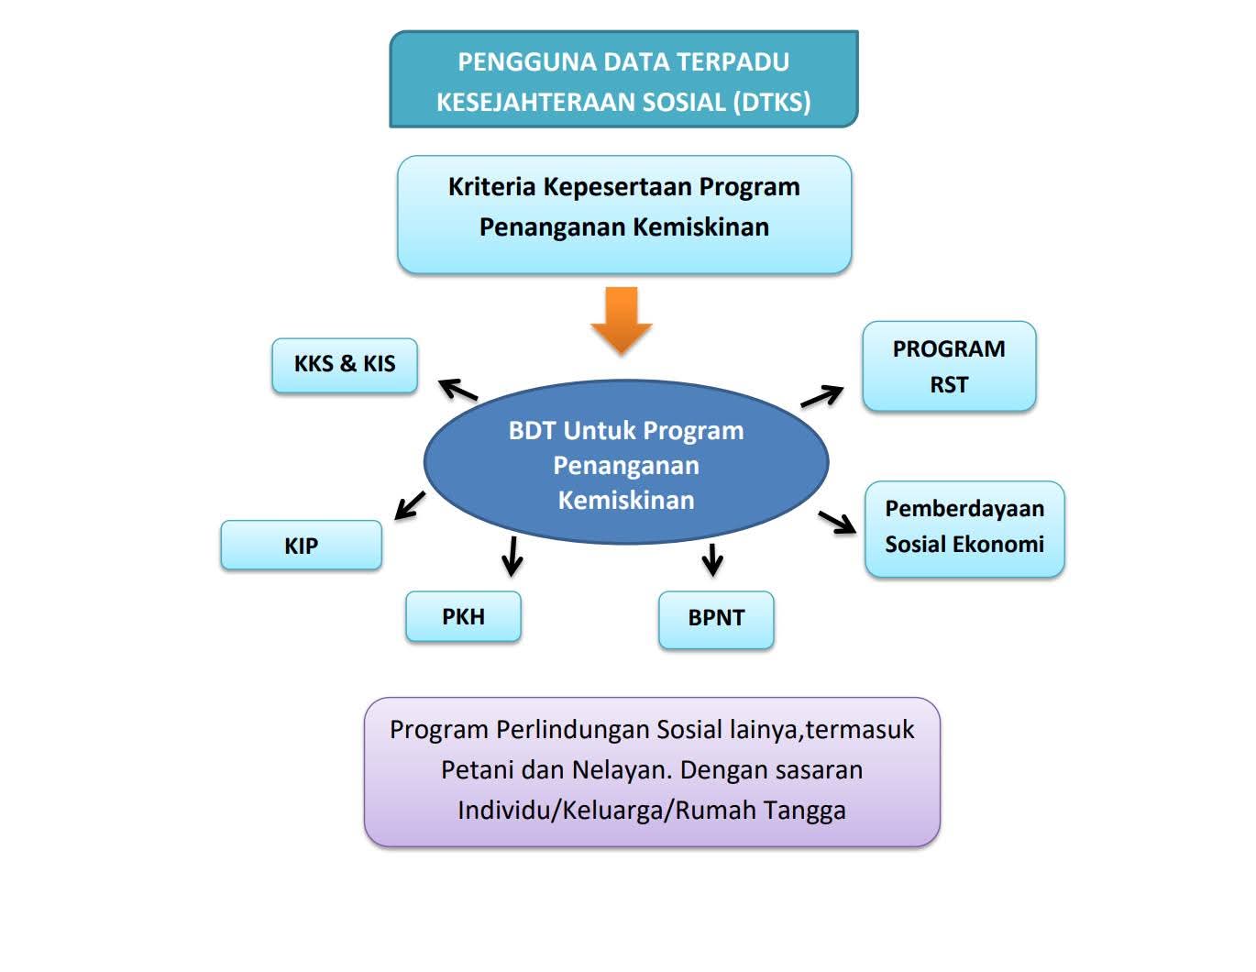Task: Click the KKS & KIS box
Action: coord(345,364)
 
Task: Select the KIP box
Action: coord(301,546)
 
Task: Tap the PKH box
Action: coord(463,616)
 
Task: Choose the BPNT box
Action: coord(716,618)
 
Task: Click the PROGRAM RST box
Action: coord(949,366)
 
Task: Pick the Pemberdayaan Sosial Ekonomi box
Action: coord(964,526)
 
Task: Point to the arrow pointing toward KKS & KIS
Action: coord(457,390)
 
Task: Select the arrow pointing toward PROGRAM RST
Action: coord(821,396)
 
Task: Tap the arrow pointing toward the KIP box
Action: coord(410,504)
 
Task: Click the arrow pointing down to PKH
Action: coord(512,555)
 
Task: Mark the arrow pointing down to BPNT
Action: coord(712,558)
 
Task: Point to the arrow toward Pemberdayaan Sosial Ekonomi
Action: coord(837,522)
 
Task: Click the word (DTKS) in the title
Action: coord(772,102)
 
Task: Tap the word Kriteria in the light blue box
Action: coord(491,187)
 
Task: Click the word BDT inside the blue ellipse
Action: coord(532,431)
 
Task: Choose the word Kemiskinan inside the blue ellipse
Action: coord(626,501)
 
